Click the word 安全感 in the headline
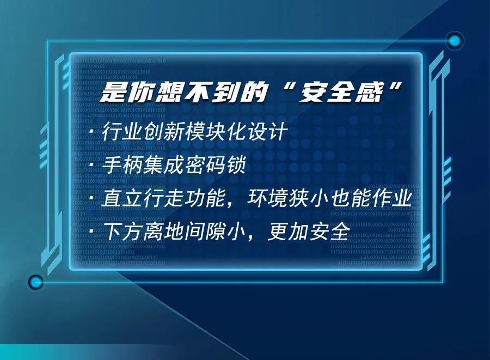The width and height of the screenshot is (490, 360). point(341,92)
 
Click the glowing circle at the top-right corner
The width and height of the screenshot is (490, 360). point(455,41)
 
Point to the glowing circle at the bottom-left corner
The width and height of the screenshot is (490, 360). point(36,282)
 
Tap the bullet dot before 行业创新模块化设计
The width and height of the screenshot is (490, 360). point(91,132)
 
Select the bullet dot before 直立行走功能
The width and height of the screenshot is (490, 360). point(91,198)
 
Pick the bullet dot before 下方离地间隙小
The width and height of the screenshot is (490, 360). point(91,231)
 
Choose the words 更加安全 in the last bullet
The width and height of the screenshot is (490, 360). point(308,231)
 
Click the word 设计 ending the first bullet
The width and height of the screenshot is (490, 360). point(267,131)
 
